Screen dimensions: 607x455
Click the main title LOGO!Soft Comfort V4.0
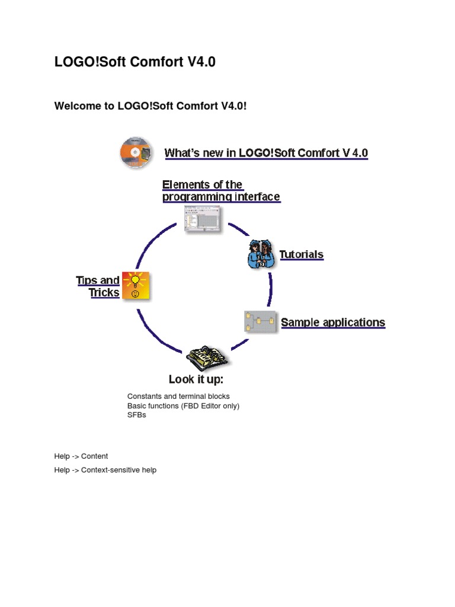pos(135,62)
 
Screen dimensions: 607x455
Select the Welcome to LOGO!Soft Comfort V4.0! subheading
pos(150,106)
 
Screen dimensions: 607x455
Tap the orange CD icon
pos(136,152)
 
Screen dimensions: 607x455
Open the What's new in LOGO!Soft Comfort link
pos(266,153)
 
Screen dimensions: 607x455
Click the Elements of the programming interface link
pos(220,191)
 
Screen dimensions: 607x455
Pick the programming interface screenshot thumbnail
pos(201,219)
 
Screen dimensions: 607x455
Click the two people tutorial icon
pos(261,255)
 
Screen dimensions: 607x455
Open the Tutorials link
pos(301,255)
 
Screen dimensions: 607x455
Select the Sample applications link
pos(332,322)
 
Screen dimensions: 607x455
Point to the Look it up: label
pos(196,379)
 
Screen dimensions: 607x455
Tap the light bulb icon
pos(136,286)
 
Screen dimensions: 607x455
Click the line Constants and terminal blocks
pos(178,396)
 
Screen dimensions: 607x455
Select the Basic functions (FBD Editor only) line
pos(183,405)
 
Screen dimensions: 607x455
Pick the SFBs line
pos(136,415)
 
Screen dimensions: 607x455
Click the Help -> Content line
pos(81,456)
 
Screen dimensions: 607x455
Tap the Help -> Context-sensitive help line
pos(105,470)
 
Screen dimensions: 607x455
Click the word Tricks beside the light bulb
pos(104,293)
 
